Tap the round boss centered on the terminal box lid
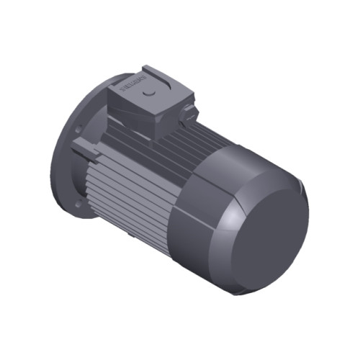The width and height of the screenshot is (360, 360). (x=149, y=94)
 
